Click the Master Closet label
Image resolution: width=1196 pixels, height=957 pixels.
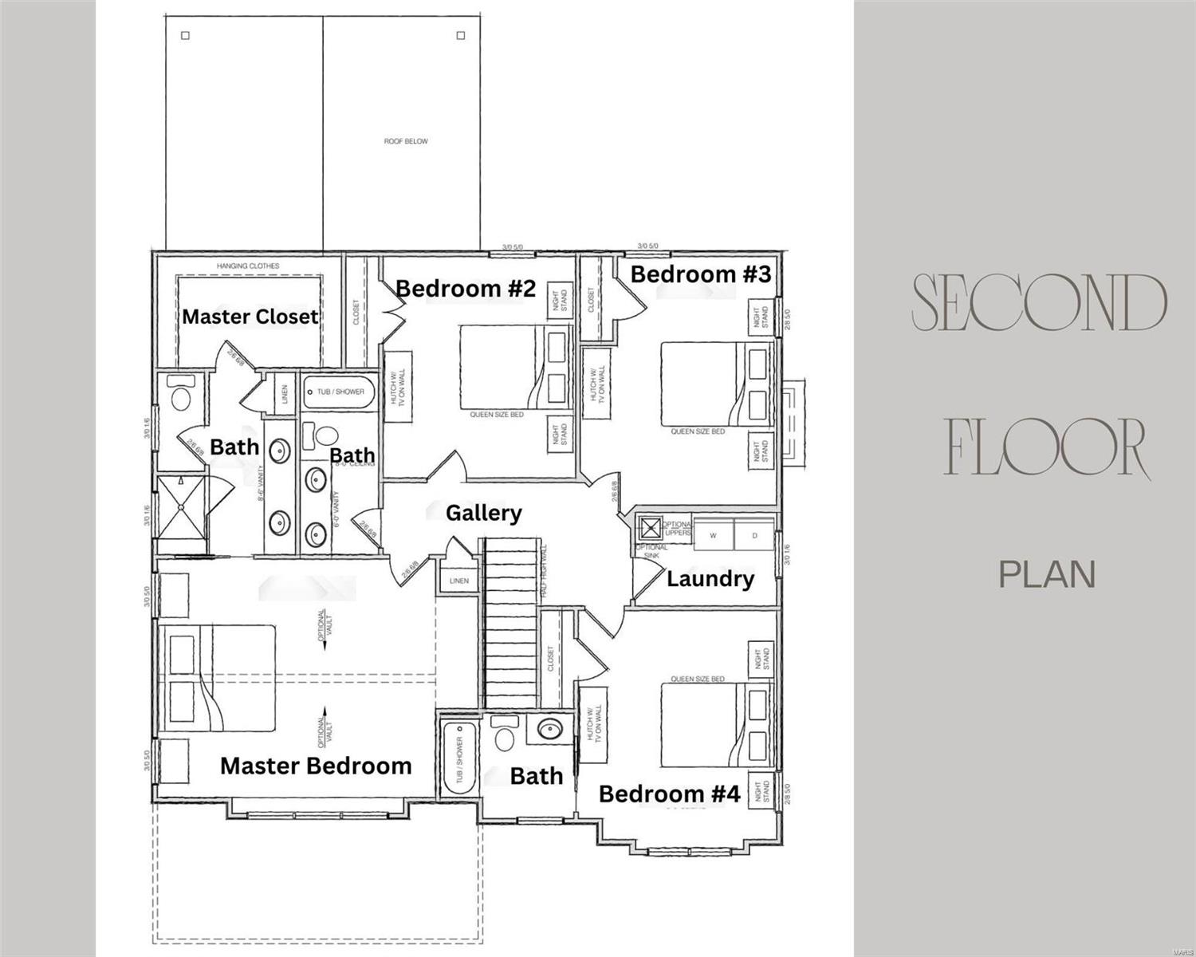250,317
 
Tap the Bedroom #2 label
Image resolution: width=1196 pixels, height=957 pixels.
466,288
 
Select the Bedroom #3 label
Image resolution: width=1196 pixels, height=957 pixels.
700,274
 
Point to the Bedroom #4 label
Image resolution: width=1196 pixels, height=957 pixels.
669,794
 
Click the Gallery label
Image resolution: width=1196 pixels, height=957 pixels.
483,513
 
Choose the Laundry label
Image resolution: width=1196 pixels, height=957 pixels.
710,578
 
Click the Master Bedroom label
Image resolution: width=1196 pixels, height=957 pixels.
316,766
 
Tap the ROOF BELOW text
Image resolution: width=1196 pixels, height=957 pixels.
406,141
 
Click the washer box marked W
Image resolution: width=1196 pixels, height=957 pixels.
713,536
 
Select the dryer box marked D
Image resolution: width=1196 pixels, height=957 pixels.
754,536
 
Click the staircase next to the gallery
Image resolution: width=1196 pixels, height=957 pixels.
513,622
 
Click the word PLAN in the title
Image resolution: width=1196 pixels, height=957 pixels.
1047,574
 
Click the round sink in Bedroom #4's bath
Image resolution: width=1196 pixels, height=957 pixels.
549,729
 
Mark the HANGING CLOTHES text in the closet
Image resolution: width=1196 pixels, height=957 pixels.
248,266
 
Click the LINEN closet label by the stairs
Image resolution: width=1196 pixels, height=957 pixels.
459,581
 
